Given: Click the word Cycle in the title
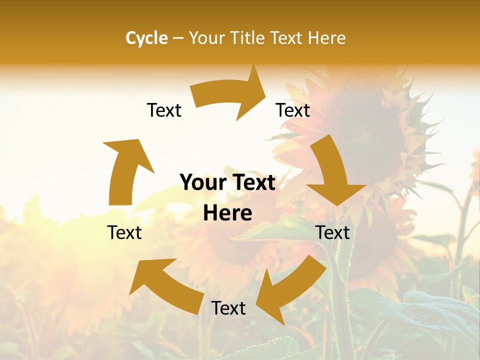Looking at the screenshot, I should tap(146, 38).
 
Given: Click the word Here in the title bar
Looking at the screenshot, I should tap(327, 38).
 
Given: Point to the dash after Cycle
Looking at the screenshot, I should tap(178, 38).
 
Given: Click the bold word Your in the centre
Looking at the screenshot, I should tap(203, 183).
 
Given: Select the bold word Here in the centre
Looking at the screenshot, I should tap(227, 213).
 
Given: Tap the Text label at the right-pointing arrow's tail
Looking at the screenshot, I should tap(164, 110).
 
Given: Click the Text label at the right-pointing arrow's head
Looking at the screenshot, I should tap(293, 110).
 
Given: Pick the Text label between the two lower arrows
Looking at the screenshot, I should tap(228, 308).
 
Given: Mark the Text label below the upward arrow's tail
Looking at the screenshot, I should tap(124, 232).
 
